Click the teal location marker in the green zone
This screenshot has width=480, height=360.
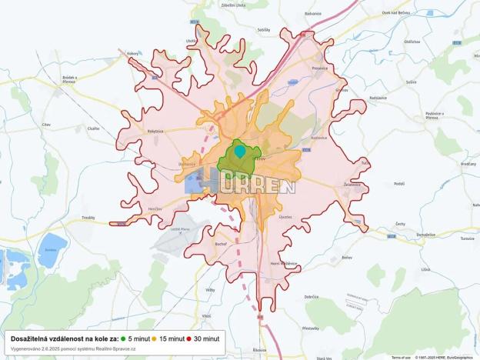click(240, 151)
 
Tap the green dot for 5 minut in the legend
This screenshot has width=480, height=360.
click(123, 338)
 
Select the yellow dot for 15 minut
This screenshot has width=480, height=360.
click(154, 338)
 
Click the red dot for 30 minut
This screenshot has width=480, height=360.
click(188, 338)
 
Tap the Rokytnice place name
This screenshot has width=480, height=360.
click(155, 131)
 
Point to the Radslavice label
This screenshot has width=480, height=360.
click(378, 98)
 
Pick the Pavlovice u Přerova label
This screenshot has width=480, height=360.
click(438, 115)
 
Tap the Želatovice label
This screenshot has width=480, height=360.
click(353, 185)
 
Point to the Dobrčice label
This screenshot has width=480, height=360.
click(312, 297)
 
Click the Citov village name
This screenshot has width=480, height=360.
click(46, 124)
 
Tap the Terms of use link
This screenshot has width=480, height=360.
click(401, 357)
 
